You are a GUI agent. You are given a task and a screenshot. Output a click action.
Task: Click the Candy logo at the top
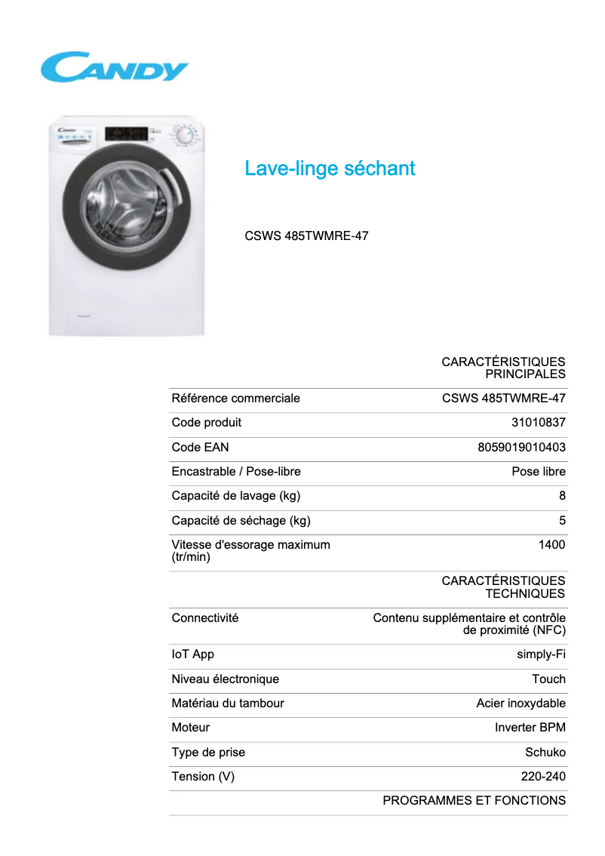coord(114,67)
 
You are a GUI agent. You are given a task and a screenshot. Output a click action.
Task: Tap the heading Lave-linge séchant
coord(330,168)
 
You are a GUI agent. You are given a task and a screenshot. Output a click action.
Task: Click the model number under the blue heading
coord(306,236)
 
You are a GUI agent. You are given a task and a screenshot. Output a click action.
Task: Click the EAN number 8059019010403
coord(521,447)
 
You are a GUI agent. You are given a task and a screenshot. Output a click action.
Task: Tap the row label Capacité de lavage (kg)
coord(236,496)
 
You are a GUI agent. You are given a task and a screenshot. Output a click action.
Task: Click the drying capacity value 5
coord(562,521)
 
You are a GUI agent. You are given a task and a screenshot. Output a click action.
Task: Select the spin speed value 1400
coord(551,544)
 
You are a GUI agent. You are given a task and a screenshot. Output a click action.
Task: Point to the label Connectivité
coord(205,618)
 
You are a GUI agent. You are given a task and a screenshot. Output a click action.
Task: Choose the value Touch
coord(548,679)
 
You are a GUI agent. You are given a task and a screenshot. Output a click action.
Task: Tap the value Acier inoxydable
coord(521,704)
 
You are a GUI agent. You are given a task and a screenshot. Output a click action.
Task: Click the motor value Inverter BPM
coord(530,728)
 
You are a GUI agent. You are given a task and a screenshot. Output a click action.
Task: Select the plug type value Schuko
coord(545,753)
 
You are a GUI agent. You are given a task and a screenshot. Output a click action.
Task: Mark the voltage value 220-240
coord(543,777)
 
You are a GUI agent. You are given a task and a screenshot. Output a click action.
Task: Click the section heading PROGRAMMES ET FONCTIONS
coord(474,801)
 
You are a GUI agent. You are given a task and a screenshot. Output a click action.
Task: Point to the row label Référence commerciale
coord(236,399)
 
